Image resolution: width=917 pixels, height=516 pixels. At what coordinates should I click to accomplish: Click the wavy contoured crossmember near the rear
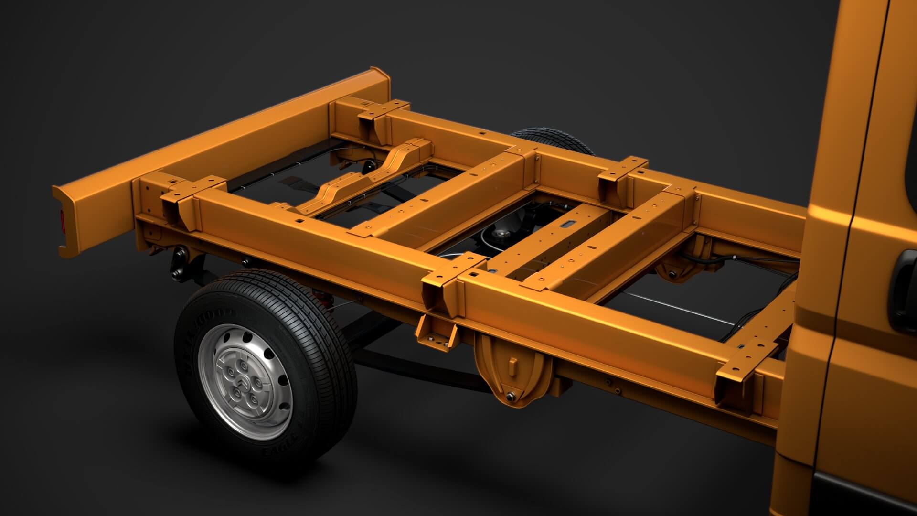click(x=363, y=179)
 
